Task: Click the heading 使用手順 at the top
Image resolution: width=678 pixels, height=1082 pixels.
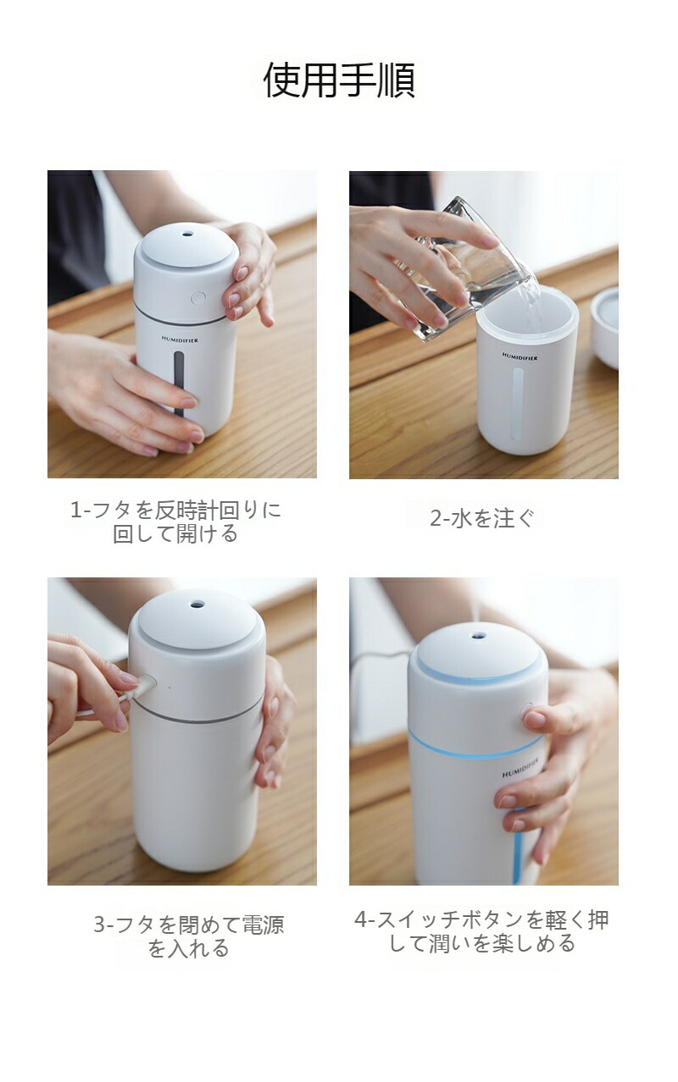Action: pos(339,80)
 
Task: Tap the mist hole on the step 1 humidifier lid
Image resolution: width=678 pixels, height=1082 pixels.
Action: pos(187,235)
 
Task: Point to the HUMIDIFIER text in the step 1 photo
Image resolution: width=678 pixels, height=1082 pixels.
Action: pos(180,340)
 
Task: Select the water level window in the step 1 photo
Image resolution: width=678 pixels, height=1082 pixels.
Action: pos(179,384)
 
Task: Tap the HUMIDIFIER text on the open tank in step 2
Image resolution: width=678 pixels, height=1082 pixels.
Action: pos(520,357)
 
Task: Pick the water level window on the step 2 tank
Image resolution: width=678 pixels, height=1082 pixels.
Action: pos(519,405)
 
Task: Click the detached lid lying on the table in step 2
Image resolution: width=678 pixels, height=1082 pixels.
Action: pos(605,328)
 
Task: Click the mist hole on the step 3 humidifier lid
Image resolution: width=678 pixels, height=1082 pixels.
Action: pos(197,604)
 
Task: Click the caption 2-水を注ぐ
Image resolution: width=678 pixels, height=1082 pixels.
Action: pos(482,519)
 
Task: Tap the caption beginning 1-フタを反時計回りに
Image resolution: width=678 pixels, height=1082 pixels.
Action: pos(175,522)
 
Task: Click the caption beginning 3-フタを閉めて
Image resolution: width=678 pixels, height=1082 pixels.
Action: pos(189,936)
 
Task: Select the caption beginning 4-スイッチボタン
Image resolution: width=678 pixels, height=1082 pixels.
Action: pos(481,930)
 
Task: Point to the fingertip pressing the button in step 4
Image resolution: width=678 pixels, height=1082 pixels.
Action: pos(533,720)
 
